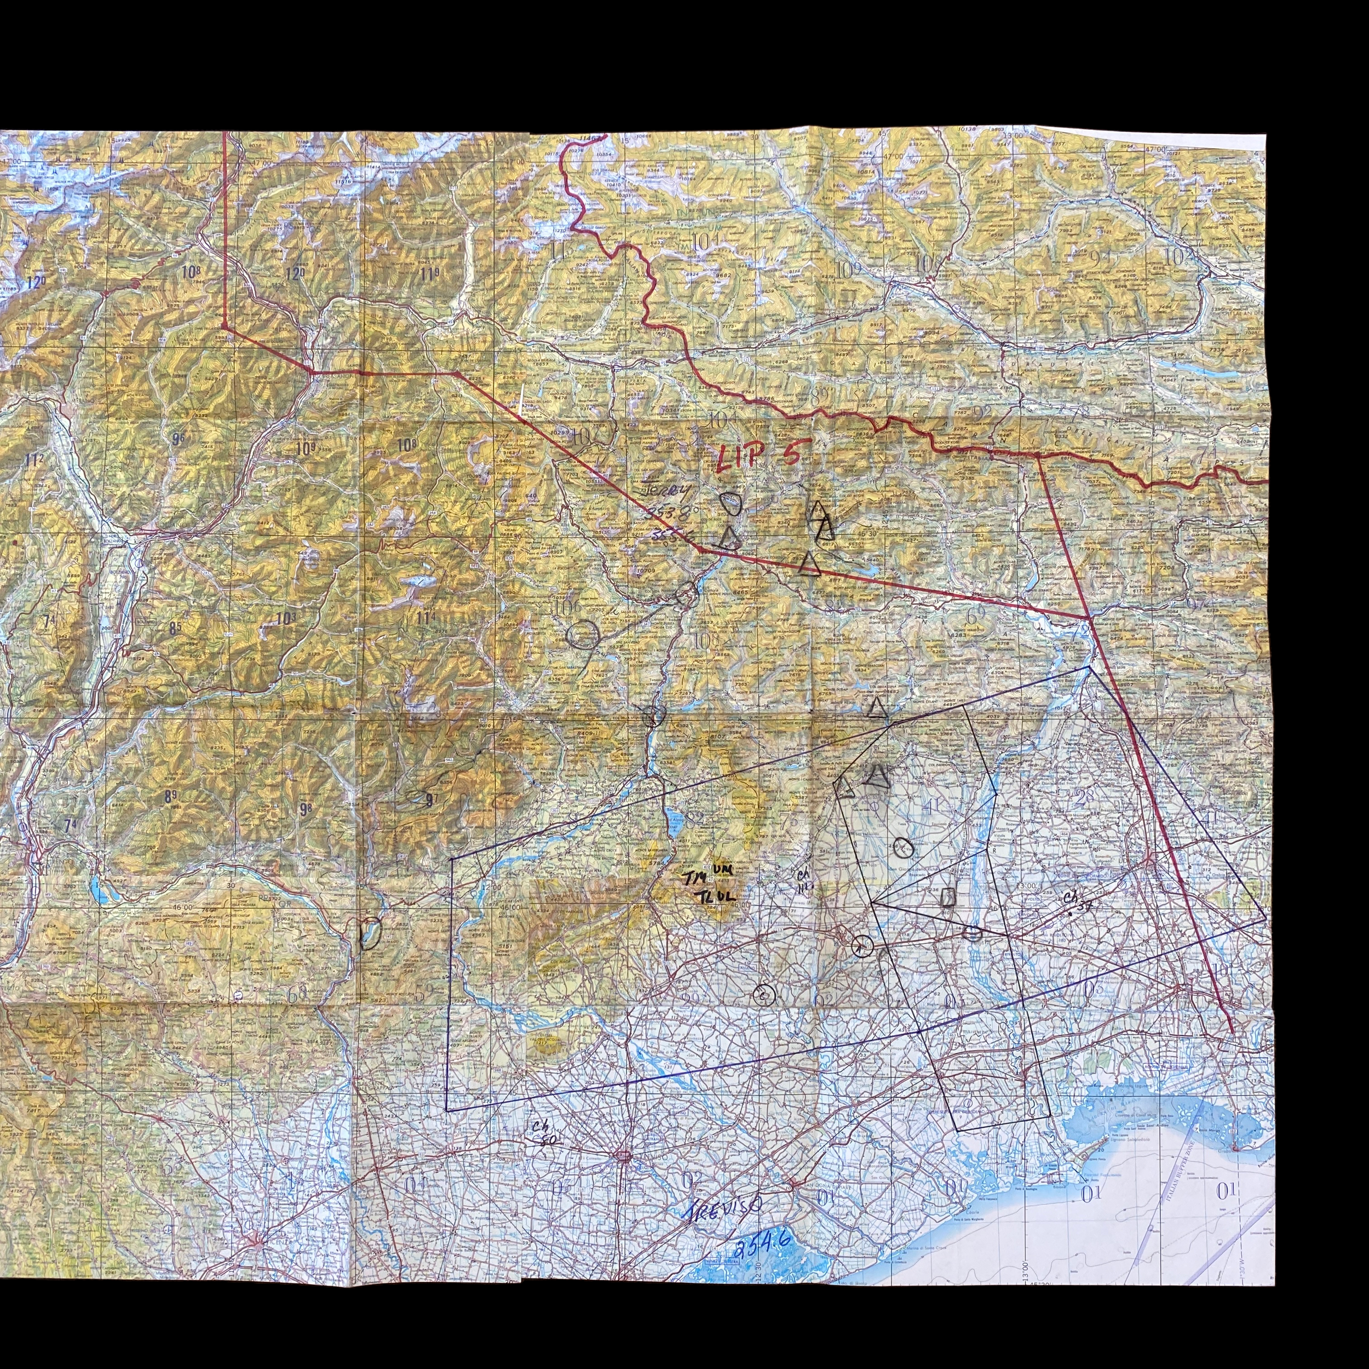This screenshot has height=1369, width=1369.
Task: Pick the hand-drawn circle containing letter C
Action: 764,995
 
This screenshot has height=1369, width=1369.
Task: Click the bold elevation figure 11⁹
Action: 429,273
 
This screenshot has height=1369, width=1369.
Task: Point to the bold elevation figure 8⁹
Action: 171,796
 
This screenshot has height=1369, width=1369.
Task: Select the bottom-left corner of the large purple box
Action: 447,1111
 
